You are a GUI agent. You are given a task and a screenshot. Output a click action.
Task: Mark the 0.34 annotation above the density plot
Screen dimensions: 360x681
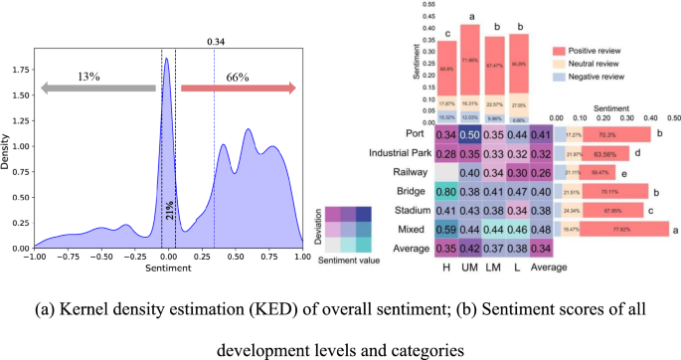point(214,42)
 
